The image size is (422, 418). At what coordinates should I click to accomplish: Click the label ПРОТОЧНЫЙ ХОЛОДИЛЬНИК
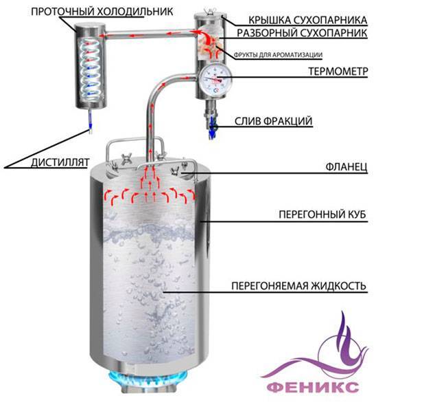pyautogui.click(x=102, y=12)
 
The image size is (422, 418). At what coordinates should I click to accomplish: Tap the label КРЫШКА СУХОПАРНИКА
pyautogui.click(x=307, y=20)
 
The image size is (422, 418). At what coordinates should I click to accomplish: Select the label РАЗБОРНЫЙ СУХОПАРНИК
pyautogui.click(x=302, y=33)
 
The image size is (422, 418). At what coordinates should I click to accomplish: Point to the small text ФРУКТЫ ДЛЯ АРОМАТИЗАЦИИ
pyautogui.click(x=278, y=55)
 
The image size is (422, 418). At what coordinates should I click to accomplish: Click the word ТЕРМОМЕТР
pyautogui.click(x=338, y=71)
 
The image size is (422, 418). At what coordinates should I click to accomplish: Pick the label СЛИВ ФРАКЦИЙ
pyautogui.click(x=273, y=121)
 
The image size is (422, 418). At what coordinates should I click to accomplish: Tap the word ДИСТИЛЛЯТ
pyautogui.click(x=60, y=163)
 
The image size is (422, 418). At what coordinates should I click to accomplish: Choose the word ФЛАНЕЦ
pyautogui.click(x=347, y=167)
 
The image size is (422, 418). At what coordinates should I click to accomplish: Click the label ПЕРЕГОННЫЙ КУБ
pyautogui.click(x=323, y=214)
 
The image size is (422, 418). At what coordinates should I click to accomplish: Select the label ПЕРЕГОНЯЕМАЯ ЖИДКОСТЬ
pyautogui.click(x=299, y=285)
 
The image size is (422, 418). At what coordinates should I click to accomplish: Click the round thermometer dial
pyautogui.click(x=215, y=79)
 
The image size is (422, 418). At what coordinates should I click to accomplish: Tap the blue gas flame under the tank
pyautogui.click(x=148, y=378)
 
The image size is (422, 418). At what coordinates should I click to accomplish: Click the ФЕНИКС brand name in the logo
pyautogui.click(x=314, y=388)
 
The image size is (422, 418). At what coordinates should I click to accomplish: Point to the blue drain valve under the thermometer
pyautogui.click(x=213, y=127)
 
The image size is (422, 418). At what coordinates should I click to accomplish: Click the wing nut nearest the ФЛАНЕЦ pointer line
pyautogui.click(x=176, y=170)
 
